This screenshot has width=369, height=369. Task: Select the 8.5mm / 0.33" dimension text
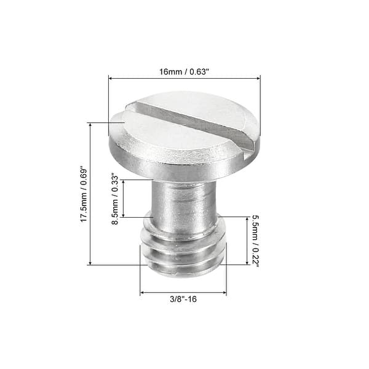[114, 199]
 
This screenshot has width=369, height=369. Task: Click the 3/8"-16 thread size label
[183, 300]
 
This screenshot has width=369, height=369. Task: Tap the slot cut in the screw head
[191, 124]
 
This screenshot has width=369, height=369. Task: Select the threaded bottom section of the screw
[183, 249]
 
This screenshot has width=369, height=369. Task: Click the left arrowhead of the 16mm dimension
[111, 77]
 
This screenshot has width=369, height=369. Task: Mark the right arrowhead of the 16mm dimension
[258, 77]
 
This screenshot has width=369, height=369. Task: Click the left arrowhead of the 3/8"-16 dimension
[143, 292]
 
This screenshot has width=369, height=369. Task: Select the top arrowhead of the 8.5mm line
[124, 182]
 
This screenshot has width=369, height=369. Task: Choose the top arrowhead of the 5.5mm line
[247, 218]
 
